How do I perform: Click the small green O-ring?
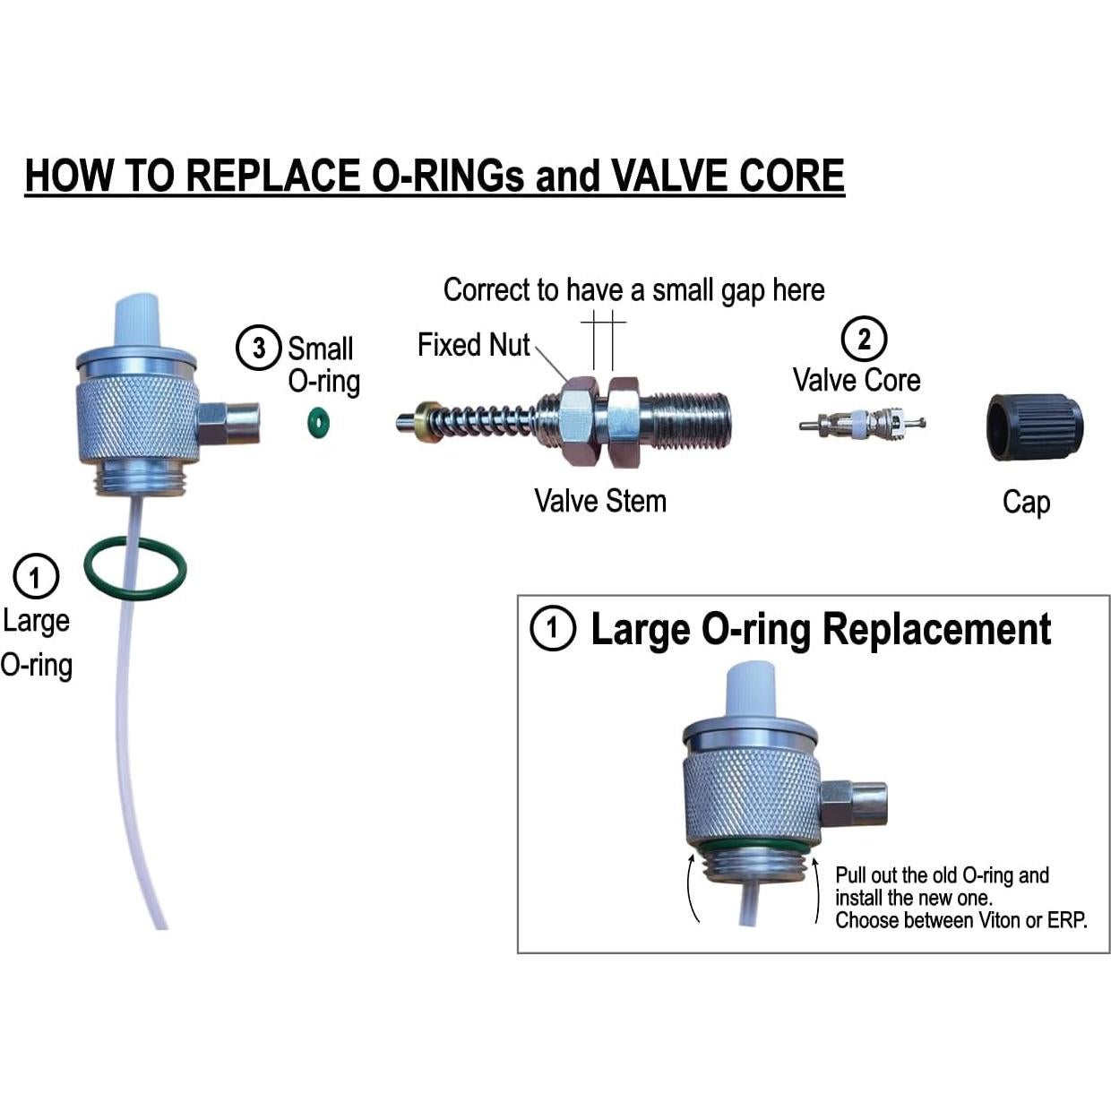click(317, 422)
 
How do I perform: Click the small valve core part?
click(861, 421)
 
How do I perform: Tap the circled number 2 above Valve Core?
click(864, 340)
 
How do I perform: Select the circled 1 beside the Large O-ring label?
click(36, 576)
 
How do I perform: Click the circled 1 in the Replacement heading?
click(552, 628)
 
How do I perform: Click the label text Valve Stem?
click(600, 500)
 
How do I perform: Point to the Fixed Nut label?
click(473, 345)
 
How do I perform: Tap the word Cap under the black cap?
click(1026, 502)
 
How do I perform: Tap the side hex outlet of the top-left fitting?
click(228, 423)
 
